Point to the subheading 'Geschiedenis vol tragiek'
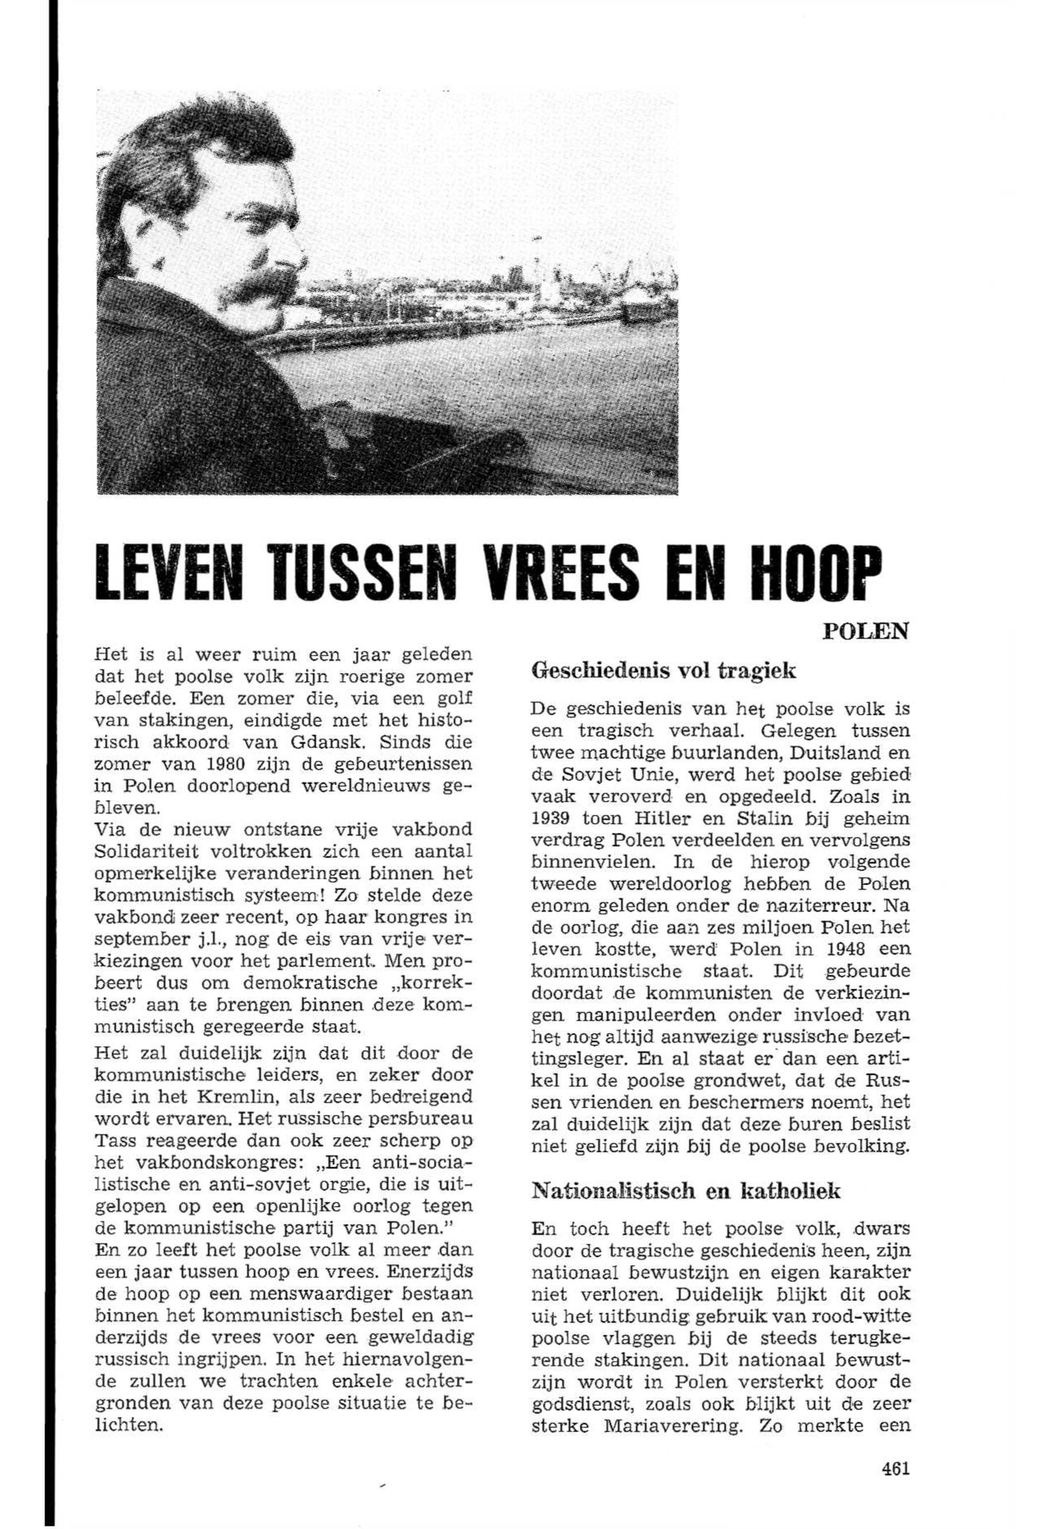pos(664,671)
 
